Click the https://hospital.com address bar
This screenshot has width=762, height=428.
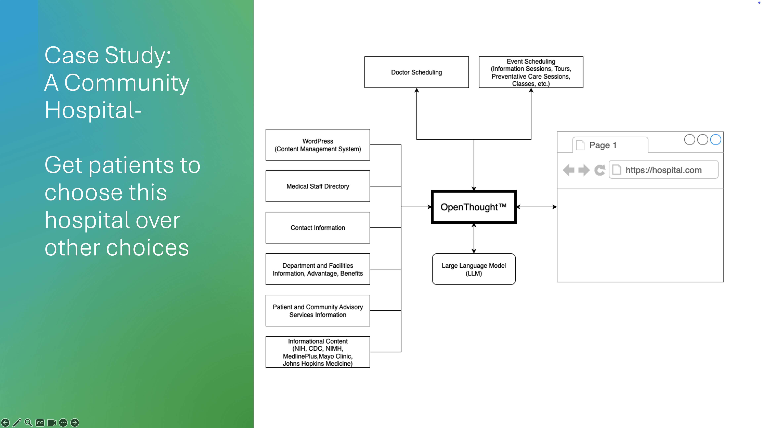coord(663,170)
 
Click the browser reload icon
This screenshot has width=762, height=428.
coord(600,170)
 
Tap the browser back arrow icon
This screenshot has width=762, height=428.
coord(568,170)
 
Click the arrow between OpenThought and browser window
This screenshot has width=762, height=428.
coord(536,207)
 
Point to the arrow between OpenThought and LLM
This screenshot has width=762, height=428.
coord(474,238)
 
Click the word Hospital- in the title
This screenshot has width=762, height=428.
coord(93,110)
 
